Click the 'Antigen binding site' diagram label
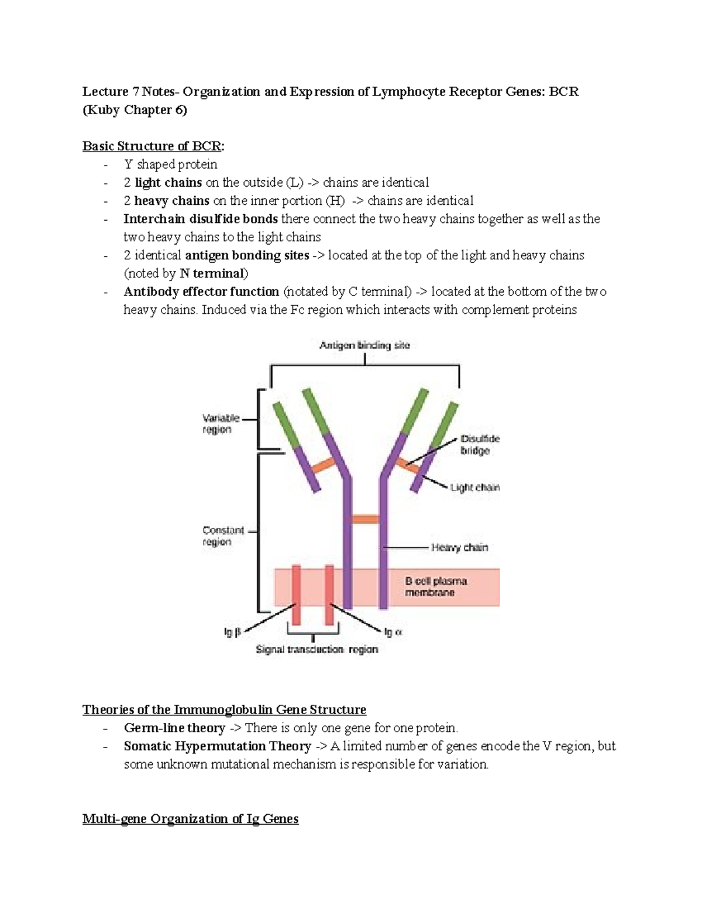tap(364, 345)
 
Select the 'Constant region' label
tap(223, 536)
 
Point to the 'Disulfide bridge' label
tap(479, 445)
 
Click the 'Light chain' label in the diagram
tap(474, 487)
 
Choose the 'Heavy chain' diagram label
tap(459, 547)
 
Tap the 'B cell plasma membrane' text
tap(436, 586)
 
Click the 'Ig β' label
tap(232, 632)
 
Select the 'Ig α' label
tap(393, 632)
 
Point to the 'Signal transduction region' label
tap(316, 649)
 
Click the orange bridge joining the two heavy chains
tap(366, 519)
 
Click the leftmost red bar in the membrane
tap(296, 594)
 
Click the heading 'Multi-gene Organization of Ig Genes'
tap(190, 818)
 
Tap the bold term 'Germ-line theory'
tap(174, 728)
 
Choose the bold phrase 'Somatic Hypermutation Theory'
tap(217, 746)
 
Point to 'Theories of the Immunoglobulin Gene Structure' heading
tap(224, 709)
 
